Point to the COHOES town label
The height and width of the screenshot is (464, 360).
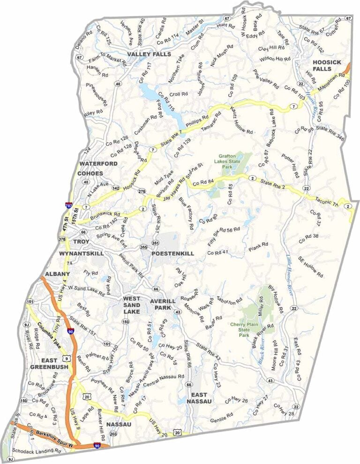(90, 173)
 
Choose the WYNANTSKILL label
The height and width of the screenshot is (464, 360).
(81, 253)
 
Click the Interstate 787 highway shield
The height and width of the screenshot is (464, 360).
(69, 205)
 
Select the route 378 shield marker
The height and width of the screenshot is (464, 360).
(62, 240)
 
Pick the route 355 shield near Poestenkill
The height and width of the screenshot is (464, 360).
(143, 247)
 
